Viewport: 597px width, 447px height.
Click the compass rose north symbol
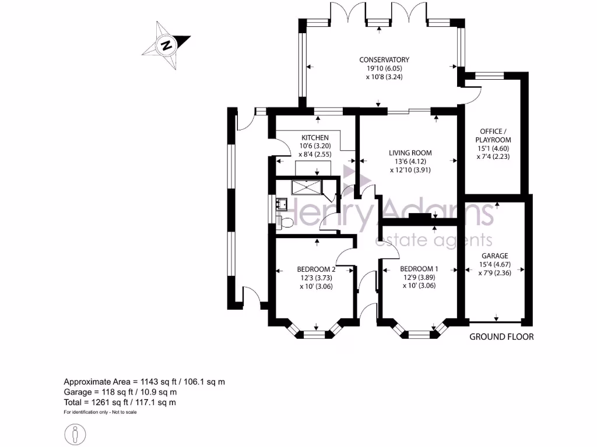click(x=167, y=45)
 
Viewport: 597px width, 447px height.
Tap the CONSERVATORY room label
click(x=384, y=60)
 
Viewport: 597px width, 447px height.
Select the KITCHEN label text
click(x=311, y=137)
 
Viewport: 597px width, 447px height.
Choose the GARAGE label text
click(x=494, y=256)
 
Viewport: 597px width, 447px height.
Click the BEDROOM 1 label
click(x=419, y=269)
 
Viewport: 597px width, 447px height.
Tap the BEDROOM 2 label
click(x=316, y=269)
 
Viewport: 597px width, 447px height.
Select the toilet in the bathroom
click(x=285, y=222)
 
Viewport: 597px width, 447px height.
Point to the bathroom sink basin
click(x=282, y=203)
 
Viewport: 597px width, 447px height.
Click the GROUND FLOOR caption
click(x=501, y=337)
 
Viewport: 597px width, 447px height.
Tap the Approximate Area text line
click(x=144, y=382)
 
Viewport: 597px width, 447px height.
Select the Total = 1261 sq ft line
click(x=120, y=402)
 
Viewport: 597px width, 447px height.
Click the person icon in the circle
click(x=75, y=434)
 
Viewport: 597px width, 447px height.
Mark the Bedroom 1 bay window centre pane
click(x=419, y=335)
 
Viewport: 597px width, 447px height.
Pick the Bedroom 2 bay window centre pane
click(x=316, y=335)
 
